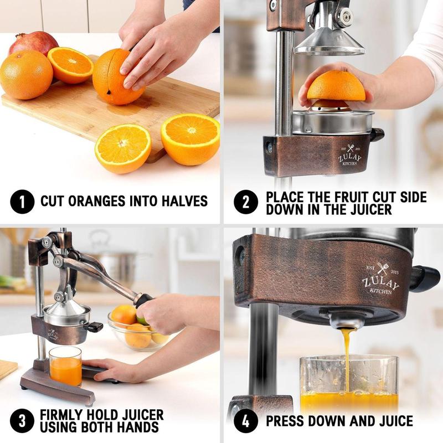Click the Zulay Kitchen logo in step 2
click(x=349, y=153)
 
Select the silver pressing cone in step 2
click(x=329, y=39)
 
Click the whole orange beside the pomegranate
click(x=26, y=74)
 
